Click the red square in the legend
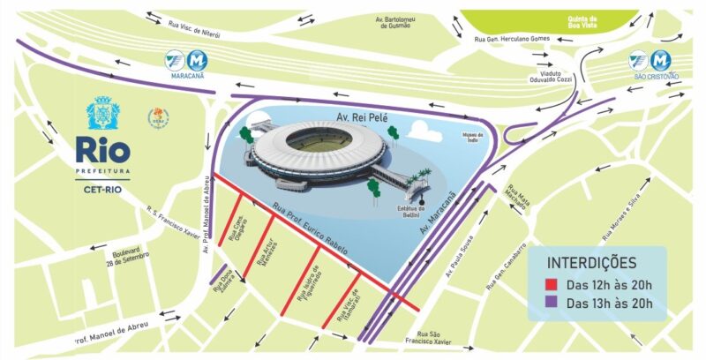click(552, 285)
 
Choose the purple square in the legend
click(552, 304)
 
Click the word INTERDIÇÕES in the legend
click(592, 263)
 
